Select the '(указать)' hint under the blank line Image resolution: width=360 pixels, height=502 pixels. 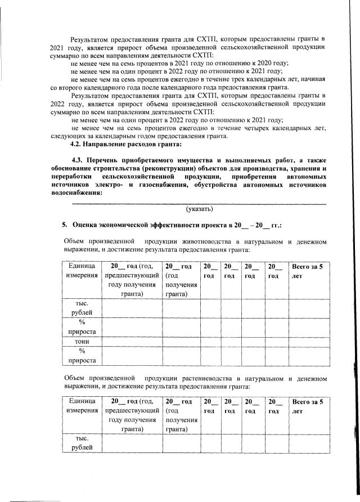199,208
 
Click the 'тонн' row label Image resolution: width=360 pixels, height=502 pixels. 78,342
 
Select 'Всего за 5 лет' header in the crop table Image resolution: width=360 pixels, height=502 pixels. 306,407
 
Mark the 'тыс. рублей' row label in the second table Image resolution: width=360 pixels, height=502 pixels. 78,442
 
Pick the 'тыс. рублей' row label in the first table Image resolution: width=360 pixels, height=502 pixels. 78,307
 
